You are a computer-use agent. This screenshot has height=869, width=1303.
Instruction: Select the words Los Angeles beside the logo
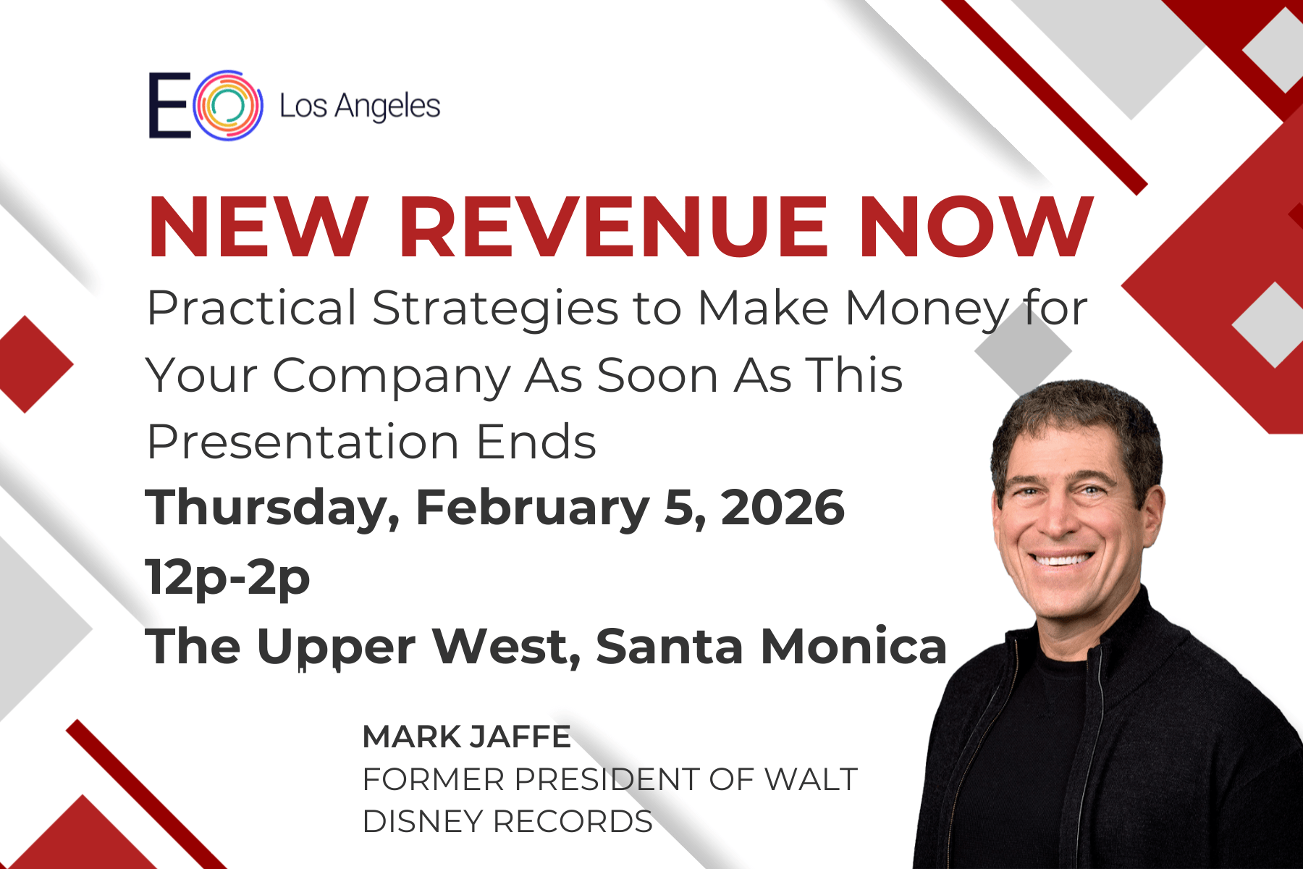360,107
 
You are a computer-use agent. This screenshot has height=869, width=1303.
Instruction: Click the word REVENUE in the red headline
613,227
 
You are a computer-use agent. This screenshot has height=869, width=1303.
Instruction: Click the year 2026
783,508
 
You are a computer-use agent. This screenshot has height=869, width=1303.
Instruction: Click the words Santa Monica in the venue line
772,646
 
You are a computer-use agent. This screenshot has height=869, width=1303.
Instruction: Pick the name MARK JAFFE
467,736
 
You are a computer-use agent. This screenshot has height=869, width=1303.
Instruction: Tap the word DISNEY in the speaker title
423,822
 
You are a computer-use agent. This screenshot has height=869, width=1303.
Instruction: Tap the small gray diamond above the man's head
1023,351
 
